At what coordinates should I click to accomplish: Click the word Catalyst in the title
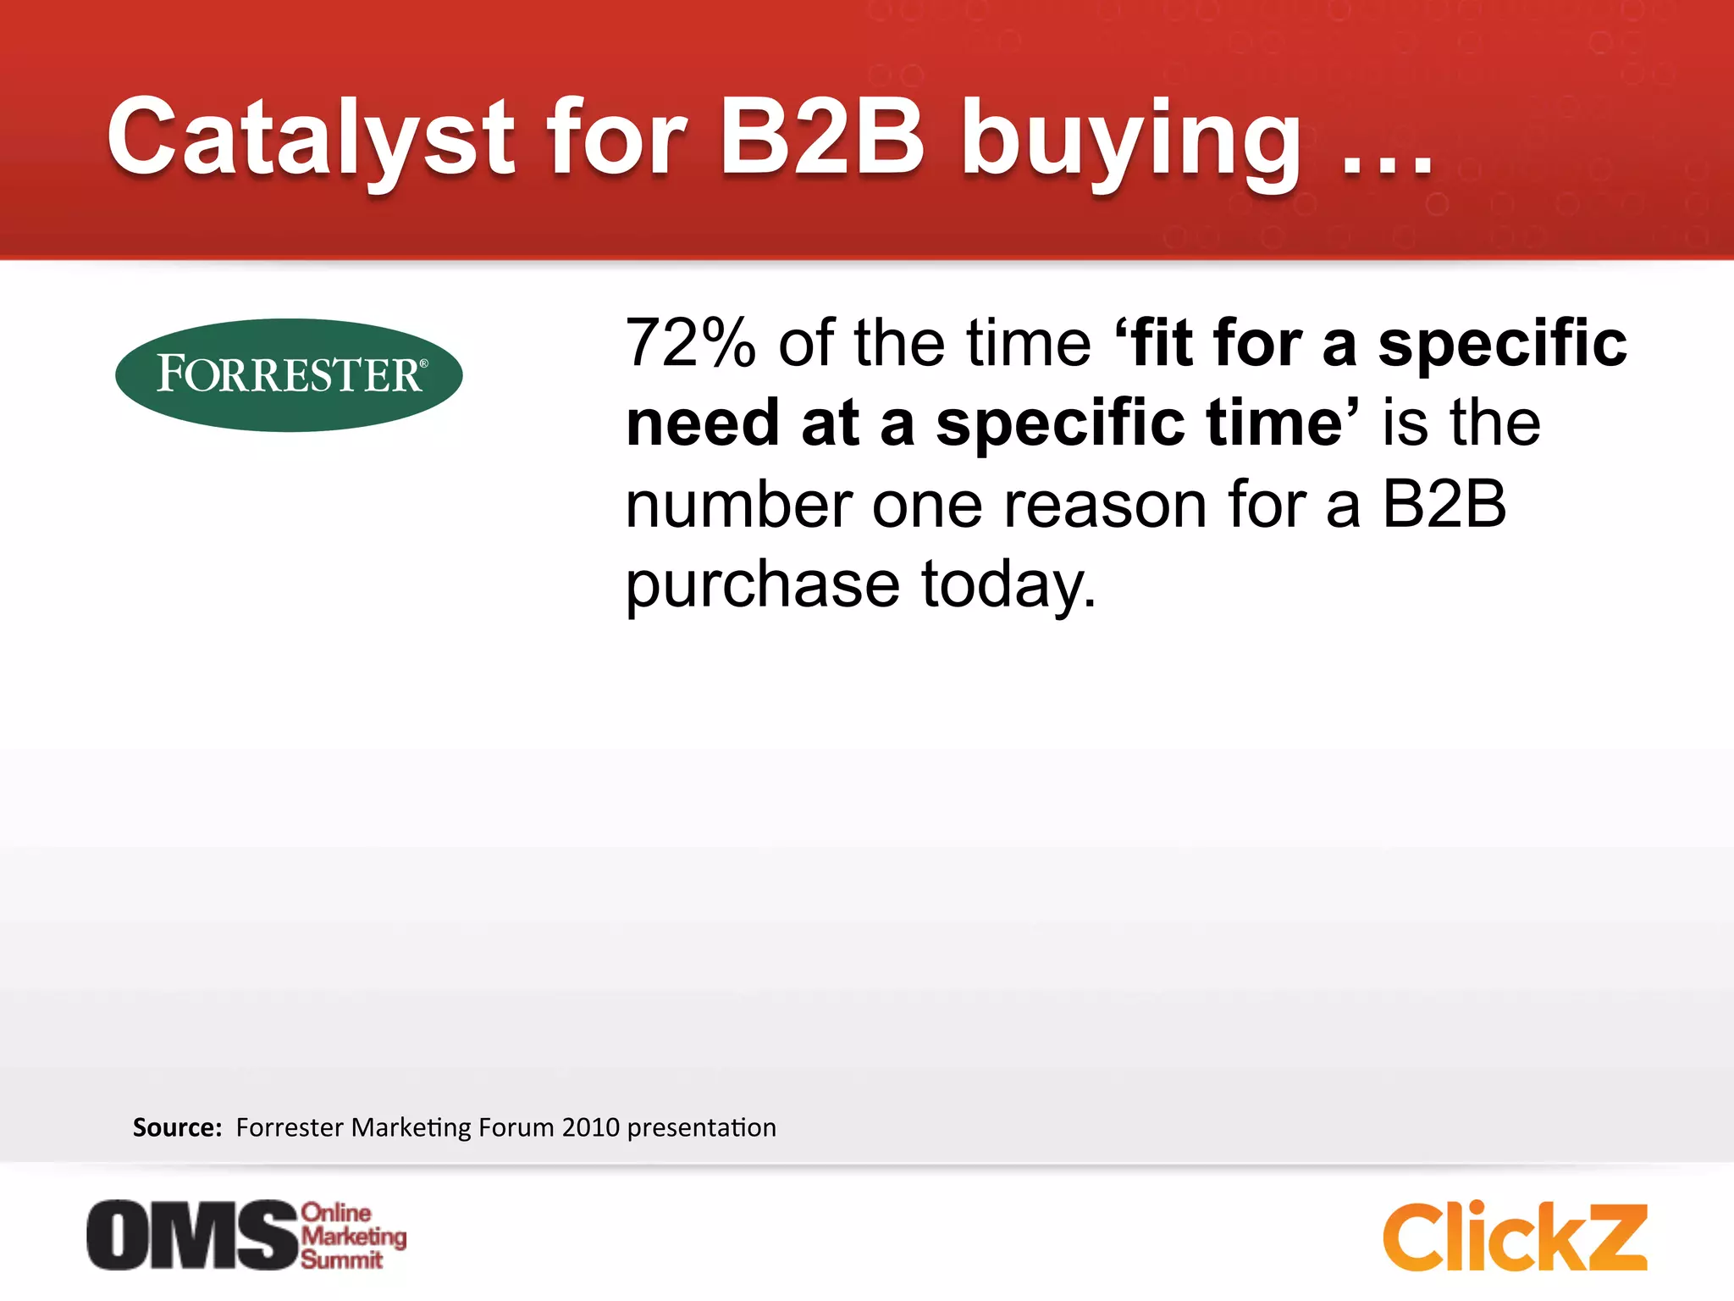[310, 137]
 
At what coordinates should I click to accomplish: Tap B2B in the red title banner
[820, 137]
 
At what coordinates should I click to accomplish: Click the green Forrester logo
[289, 375]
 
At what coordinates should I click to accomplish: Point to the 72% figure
[690, 343]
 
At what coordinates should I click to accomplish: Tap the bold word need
[702, 424]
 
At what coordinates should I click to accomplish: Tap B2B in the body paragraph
[1444, 505]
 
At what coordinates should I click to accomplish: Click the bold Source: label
[177, 1127]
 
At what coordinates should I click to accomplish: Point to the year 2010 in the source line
[590, 1127]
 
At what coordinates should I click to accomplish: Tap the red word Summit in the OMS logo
[341, 1259]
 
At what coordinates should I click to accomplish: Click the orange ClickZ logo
[1515, 1237]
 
